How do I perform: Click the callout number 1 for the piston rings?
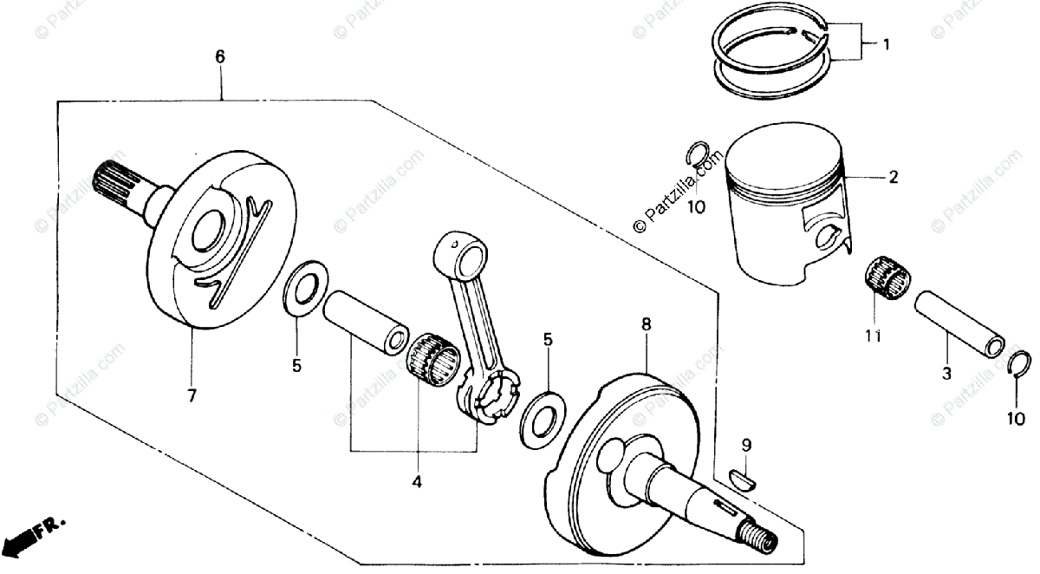click(886, 43)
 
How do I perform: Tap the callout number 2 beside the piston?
click(892, 178)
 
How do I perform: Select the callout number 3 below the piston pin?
click(946, 374)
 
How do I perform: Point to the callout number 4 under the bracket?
click(416, 480)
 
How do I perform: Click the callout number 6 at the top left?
click(219, 57)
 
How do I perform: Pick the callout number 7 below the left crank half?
click(192, 395)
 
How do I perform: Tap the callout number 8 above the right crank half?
click(646, 324)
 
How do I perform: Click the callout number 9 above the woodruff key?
click(745, 446)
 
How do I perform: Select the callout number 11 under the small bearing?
click(874, 336)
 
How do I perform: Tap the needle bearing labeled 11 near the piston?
click(887, 277)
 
